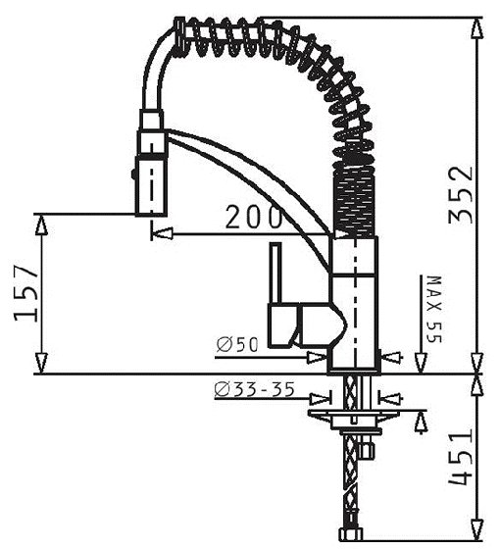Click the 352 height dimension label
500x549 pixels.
coord(461,195)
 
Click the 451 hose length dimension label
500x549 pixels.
coord(461,458)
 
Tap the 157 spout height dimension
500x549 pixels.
coord(25,293)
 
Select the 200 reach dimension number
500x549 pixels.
coord(253,218)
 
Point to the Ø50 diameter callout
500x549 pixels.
coord(237,345)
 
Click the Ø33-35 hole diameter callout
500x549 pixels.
coord(254,389)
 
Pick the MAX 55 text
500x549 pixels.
coord(434,310)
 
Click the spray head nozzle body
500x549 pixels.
coord(151,186)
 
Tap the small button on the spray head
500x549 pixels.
coord(133,175)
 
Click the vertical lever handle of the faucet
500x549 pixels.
coord(275,274)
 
